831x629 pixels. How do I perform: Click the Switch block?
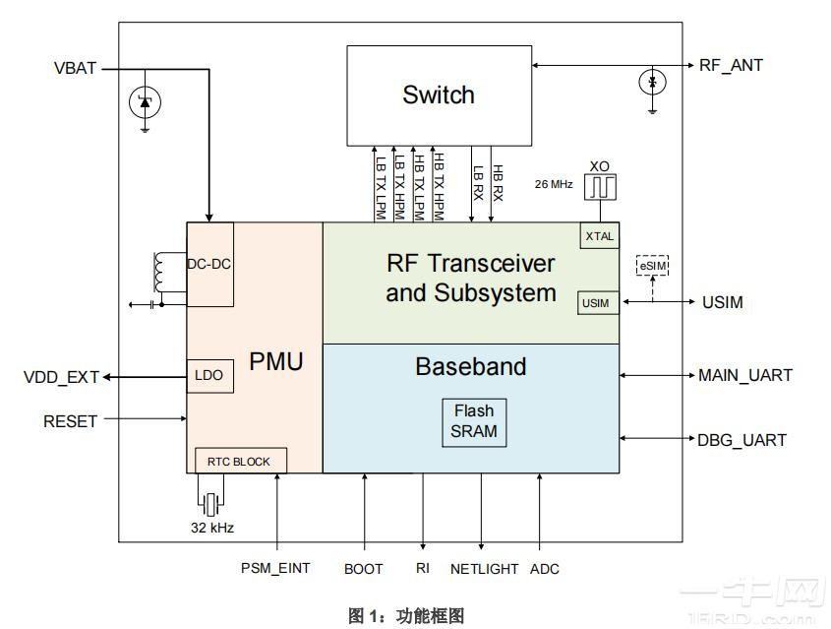[438, 94]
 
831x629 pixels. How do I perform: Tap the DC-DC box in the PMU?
[209, 264]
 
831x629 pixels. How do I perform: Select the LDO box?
[208, 376]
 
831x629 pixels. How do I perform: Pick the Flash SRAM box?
[474, 420]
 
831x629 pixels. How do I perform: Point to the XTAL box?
[599, 236]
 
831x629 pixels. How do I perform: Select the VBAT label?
[75, 69]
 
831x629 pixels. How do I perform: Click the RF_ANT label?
[731, 66]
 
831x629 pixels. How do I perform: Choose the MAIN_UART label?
[744, 375]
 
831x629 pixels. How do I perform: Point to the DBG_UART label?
[742, 440]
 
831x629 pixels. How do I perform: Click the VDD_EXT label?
[61, 377]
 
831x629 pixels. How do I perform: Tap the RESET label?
[70, 421]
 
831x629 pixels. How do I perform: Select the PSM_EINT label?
[275, 569]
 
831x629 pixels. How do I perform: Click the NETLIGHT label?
[483, 569]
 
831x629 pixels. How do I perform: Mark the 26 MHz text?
[554, 184]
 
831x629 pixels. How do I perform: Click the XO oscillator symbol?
[599, 187]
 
